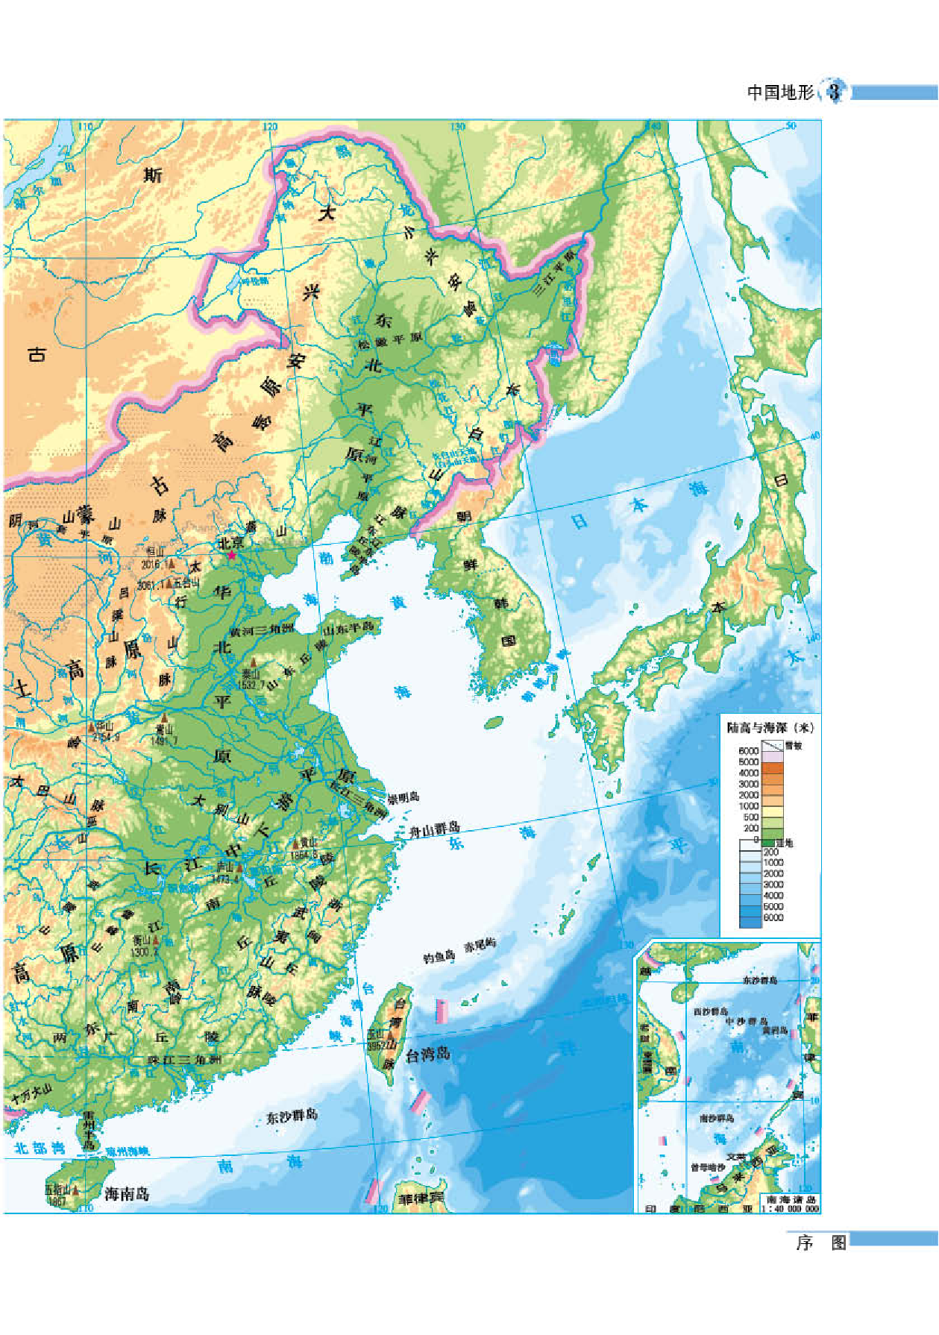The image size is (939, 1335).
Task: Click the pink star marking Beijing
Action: click(231, 556)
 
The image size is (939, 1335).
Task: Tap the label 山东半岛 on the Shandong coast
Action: click(347, 628)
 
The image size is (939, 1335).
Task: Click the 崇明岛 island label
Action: click(403, 797)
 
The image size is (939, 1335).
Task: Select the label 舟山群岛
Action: click(434, 829)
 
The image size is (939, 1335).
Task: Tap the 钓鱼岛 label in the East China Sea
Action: click(439, 957)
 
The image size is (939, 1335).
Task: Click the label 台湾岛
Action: click(428, 1055)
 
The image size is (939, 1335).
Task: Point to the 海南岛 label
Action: click(127, 1194)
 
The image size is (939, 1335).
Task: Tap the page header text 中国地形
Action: click(780, 92)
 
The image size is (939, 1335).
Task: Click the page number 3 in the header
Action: click(835, 92)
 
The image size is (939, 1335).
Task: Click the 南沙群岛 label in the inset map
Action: click(716, 1118)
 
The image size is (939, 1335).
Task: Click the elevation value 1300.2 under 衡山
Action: click(145, 952)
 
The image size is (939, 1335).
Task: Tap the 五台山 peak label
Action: click(186, 583)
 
